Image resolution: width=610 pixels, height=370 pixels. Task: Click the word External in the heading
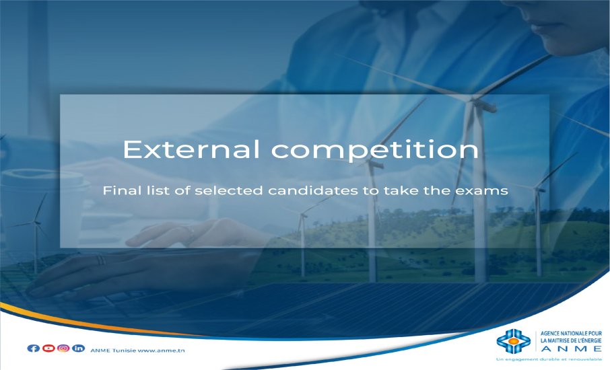191,149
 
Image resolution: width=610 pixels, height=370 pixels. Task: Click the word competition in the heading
374,151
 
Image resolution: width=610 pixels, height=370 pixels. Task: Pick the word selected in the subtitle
229,190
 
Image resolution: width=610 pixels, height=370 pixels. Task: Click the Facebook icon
34,348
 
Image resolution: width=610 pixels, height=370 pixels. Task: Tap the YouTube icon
48,348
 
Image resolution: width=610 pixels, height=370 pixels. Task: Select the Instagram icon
63,348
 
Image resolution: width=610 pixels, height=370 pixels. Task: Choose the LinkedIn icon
78,348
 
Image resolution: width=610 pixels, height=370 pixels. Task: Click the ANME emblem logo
514,341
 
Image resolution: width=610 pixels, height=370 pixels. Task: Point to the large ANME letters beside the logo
571,348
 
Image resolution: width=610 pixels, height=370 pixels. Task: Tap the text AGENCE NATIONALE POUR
571,334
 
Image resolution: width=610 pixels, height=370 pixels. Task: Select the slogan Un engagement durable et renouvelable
549,359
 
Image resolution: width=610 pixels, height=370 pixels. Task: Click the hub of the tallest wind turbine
472,99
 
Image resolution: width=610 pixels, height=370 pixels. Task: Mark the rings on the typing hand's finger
101,260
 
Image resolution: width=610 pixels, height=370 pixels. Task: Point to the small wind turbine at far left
36,233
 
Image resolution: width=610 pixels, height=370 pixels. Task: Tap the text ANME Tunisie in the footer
113,350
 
